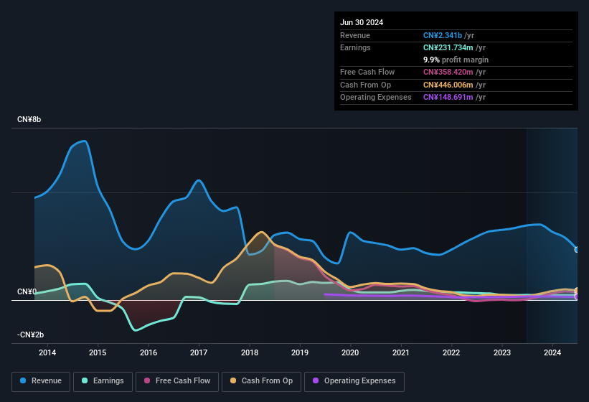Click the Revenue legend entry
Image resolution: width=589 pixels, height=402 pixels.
point(41,381)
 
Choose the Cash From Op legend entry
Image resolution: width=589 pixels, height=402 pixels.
point(262,381)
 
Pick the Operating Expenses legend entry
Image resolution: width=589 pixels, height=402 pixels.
point(354,381)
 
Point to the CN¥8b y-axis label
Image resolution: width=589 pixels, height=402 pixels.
point(29,119)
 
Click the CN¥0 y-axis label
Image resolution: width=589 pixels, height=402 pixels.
point(27,292)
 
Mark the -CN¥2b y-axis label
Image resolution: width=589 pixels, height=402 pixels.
point(30,335)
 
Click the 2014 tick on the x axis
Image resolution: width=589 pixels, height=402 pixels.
point(47,352)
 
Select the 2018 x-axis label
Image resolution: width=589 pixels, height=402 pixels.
point(250,352)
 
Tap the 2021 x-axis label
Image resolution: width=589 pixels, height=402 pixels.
point(401,352)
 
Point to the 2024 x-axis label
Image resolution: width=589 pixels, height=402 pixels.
point(552,352)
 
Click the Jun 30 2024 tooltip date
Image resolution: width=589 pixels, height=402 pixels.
point(362,22)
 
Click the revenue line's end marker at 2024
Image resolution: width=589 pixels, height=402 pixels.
point(577,250)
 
